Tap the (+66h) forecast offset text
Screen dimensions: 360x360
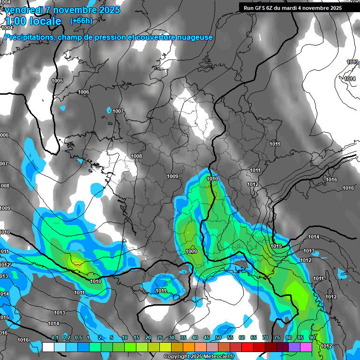tap(81, 21)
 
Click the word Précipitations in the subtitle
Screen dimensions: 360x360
tap(29, 37)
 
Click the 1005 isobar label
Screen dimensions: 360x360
tap(57, 81)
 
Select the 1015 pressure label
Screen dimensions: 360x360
tap(276, 246)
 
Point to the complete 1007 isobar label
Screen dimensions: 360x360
tap(118, 111)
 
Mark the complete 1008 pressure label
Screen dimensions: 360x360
tap(136, 156)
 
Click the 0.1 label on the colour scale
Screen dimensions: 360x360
tap(54, 338)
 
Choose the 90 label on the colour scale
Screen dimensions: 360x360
tap(312, 338)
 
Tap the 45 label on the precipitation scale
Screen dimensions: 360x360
tap(207, 338)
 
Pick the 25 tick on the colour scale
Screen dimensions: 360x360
tap(160, 338)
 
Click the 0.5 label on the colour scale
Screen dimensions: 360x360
tap(78, 338)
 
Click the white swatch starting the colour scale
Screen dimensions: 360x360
tap(48, 347)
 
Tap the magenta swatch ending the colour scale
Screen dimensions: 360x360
tap(306, 347)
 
